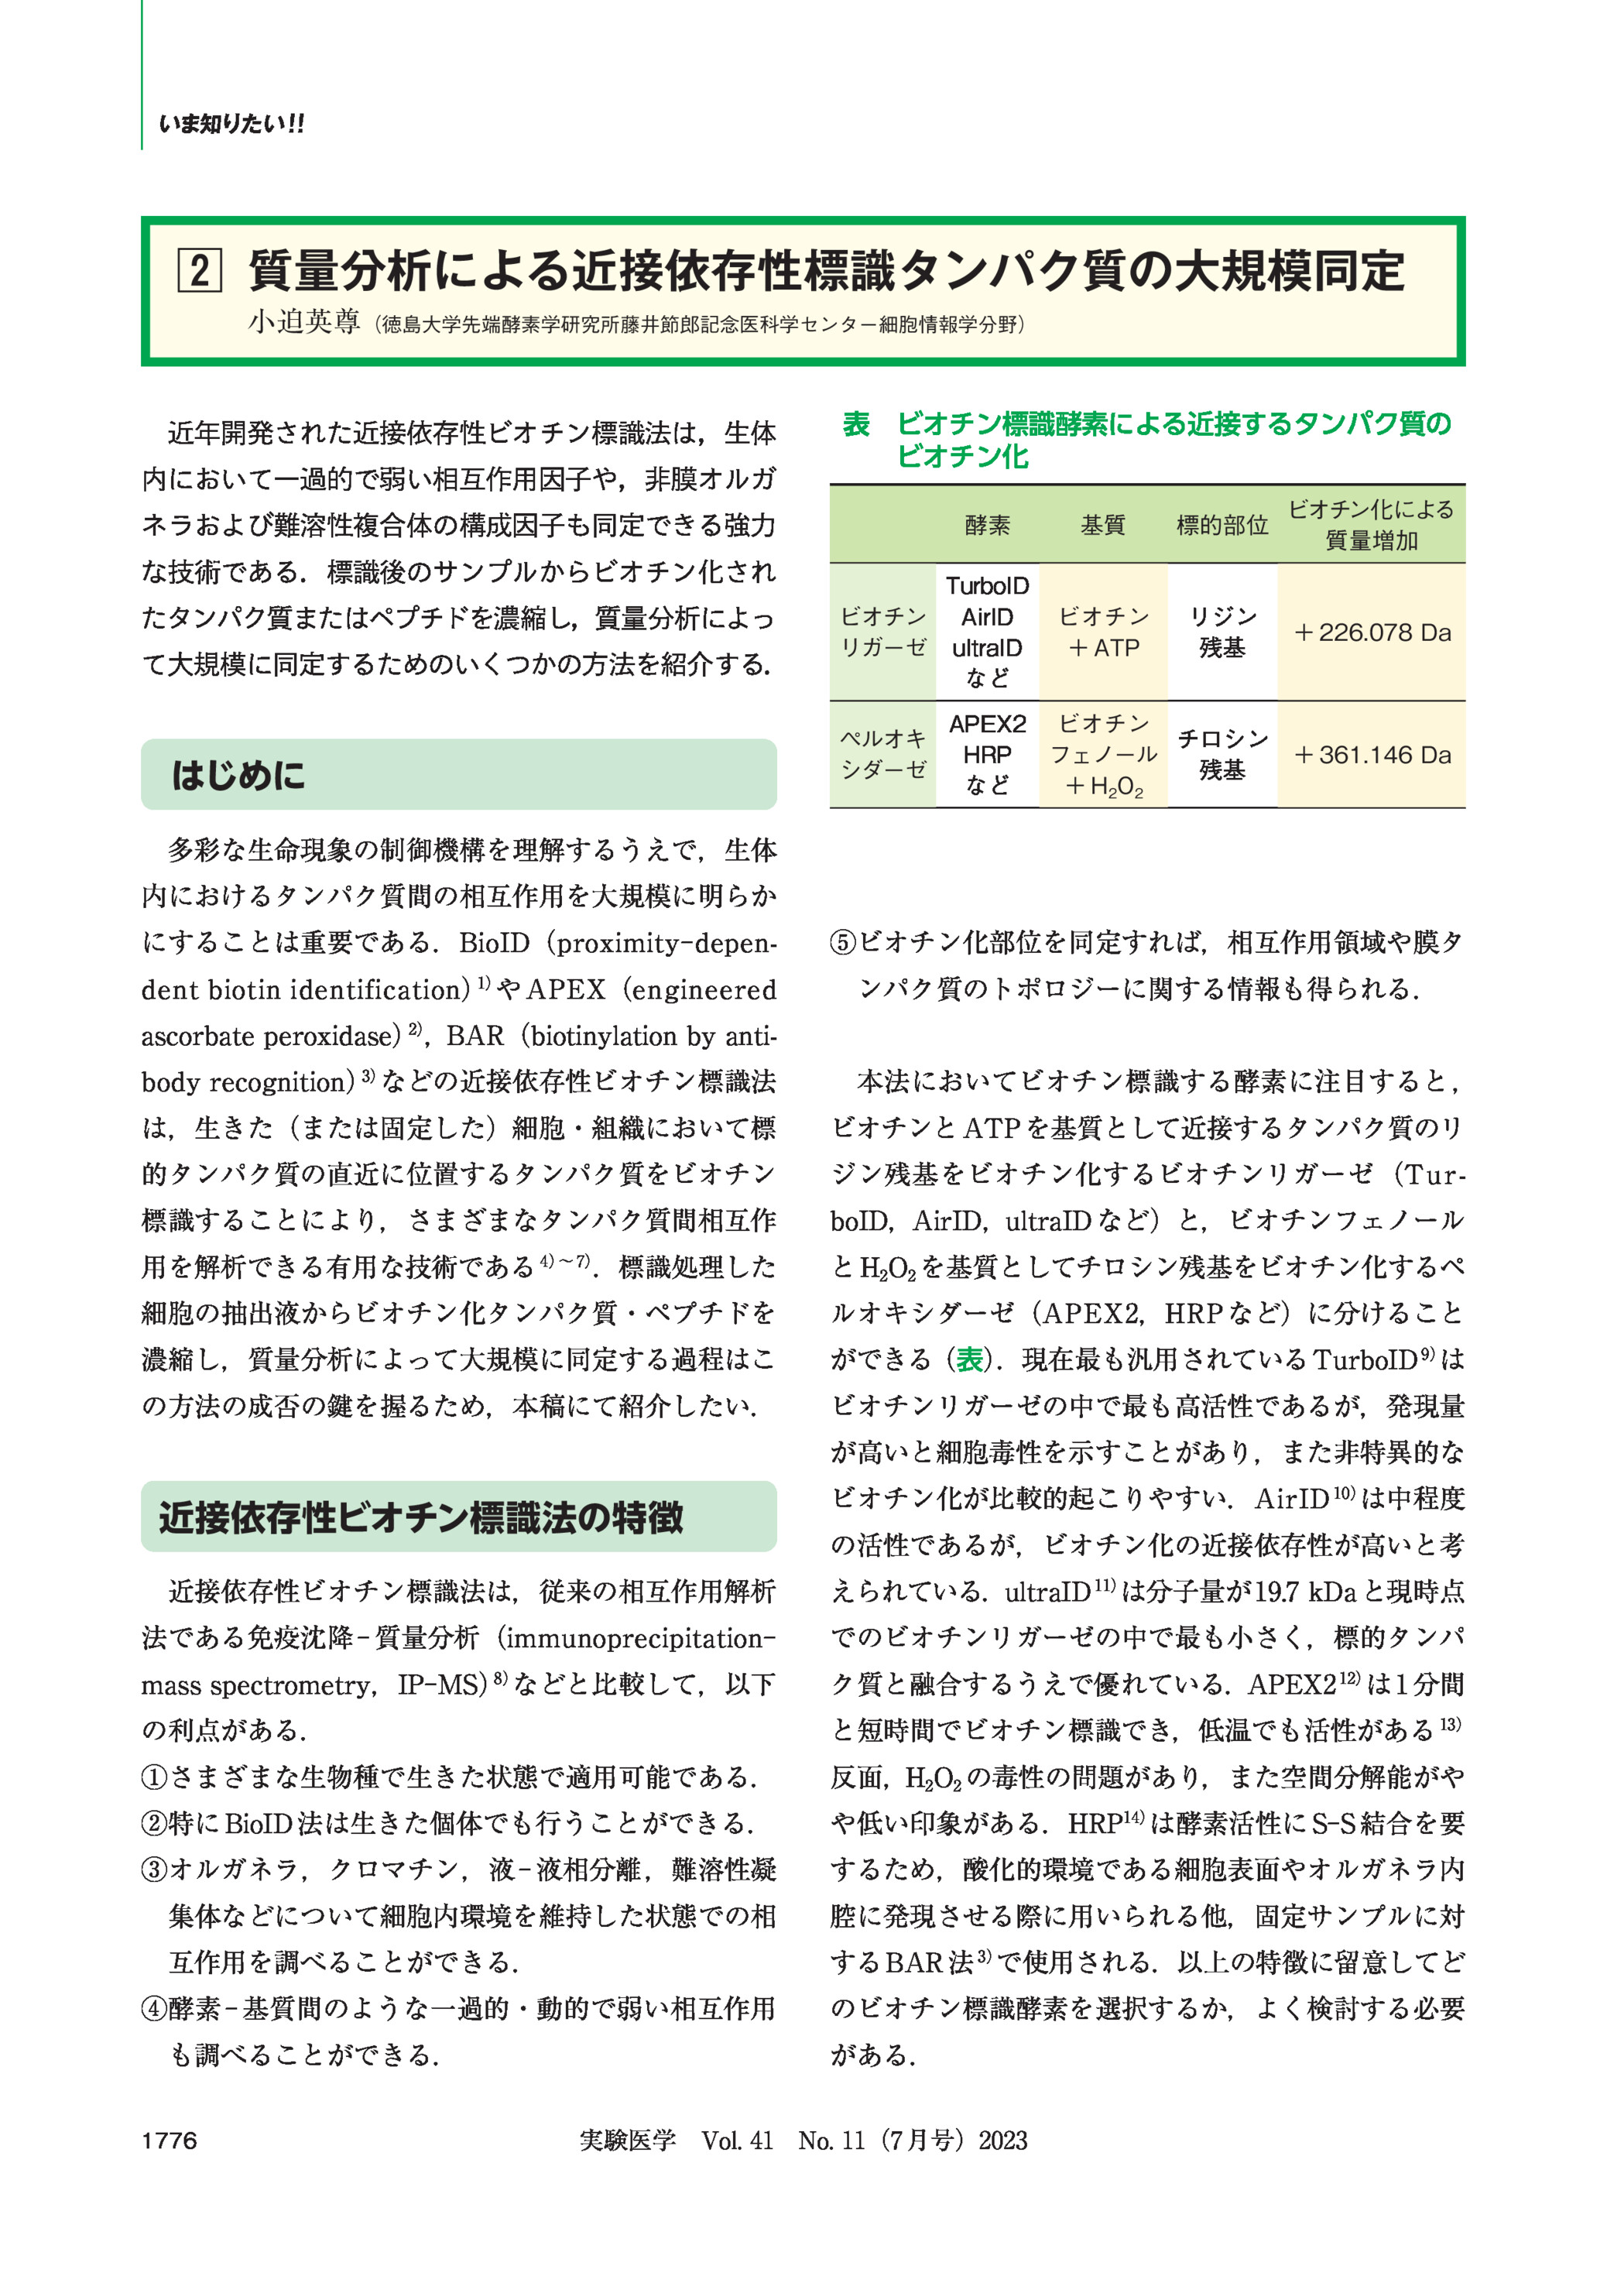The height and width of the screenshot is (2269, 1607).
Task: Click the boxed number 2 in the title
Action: tap(199, 270)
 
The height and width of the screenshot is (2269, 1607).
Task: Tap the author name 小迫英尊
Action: tap(303, 323)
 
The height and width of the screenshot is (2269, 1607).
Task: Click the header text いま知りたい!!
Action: tap(231, 125)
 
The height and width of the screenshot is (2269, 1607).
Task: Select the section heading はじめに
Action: tap(238, 775)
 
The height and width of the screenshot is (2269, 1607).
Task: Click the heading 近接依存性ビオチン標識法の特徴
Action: tap(420, 1517)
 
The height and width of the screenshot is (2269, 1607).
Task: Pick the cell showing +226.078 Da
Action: tap(1372, 632)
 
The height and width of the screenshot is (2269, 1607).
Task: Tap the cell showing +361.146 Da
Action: tap(1372, 755)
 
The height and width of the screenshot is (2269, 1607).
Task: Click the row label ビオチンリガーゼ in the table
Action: tap(882, 632)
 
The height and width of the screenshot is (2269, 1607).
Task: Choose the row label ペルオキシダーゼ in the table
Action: tap(882, 754)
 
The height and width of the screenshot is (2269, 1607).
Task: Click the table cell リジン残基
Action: tap(1222, 632)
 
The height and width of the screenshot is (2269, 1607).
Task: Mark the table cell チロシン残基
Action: tap(1222, 754)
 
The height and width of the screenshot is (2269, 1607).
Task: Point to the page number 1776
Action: tap(170, 2141)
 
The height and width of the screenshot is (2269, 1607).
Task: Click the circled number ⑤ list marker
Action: tap(843, 942)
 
